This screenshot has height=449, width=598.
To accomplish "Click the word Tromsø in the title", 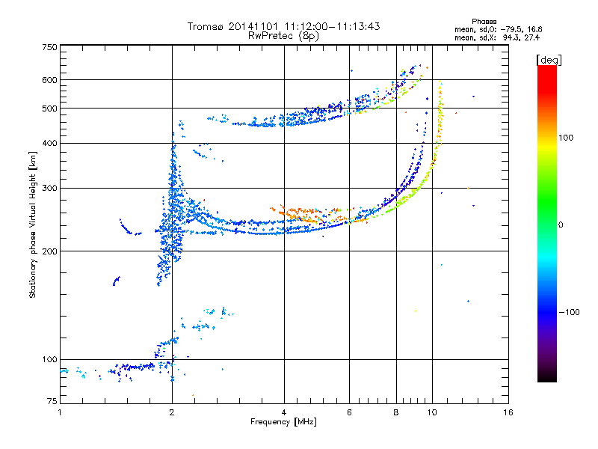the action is click(x=206, y=27).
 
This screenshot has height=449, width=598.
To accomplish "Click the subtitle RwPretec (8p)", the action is click(x=283, y=36).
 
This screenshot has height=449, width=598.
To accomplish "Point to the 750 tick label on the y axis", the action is click(x=49, y=47).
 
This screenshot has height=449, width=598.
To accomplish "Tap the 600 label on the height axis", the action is click(x=49, y=80).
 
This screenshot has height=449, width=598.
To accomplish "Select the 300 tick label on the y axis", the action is click(x=49, y=189).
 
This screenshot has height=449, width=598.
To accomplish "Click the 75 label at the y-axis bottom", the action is click(x=52, y=401).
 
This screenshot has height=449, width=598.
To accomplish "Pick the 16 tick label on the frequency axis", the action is click(x=508, y=412).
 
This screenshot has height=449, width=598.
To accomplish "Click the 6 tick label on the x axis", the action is click(x=349, y=412).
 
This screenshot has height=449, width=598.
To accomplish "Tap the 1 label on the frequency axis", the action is click(x=60, y=412).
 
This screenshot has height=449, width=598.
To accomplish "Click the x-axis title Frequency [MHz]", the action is click(x=283, y=422).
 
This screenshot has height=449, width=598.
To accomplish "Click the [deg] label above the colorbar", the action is click(x=549, y=60).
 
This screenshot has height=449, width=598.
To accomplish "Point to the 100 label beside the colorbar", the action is click(x=566, y=138).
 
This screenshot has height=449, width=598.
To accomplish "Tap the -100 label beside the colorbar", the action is click(x=570, y=312).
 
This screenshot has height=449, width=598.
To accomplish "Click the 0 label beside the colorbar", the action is click(x=561, y=225).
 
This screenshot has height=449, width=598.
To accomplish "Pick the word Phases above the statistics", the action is click(x=484, y=22).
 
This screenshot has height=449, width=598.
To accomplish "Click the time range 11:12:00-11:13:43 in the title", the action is click(x=332, y=27).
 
